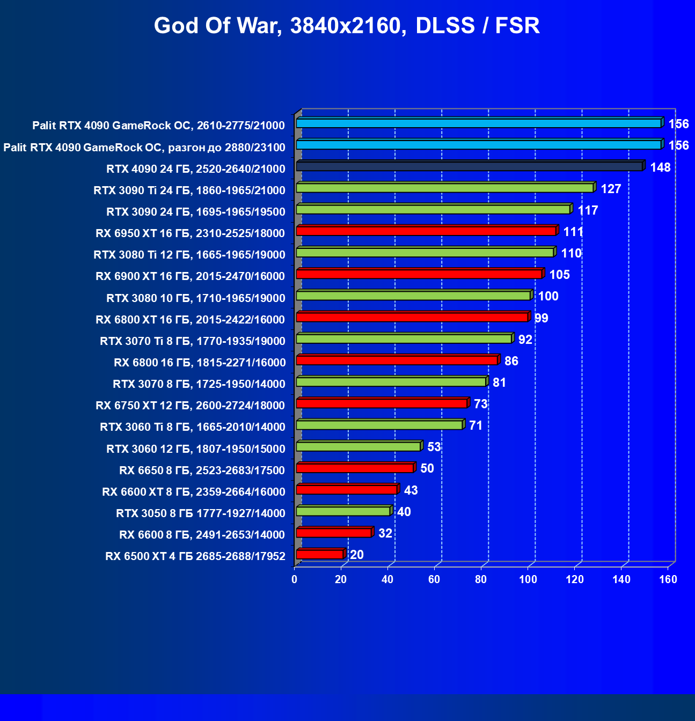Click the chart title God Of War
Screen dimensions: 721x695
[347, 26]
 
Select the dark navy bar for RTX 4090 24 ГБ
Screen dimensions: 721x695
[469, 166]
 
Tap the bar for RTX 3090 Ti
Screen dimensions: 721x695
[444, 188]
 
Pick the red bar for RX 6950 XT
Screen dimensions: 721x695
[426, 231]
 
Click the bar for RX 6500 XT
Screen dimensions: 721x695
[319, 554]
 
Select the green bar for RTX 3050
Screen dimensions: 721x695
[343, 511]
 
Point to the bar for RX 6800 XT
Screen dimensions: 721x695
[412, 317]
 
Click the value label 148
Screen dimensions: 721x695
[660, 167]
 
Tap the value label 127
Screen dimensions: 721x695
[611, 189]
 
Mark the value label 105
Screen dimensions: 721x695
[559, 275]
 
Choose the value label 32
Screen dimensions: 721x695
[385, 533]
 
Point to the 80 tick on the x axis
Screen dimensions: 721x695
[481, 579]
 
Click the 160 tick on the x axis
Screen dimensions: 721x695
[668, 579]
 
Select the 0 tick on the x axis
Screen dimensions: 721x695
[294, 579]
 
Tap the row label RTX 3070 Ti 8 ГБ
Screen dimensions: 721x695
[192, 341]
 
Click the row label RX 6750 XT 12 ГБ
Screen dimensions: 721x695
[190, 405]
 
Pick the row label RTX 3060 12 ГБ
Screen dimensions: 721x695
[195, 448]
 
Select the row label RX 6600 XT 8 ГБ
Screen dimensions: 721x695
[193, 491]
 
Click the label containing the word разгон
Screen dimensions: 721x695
[144, 147]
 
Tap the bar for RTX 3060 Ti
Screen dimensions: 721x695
[379, 425]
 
